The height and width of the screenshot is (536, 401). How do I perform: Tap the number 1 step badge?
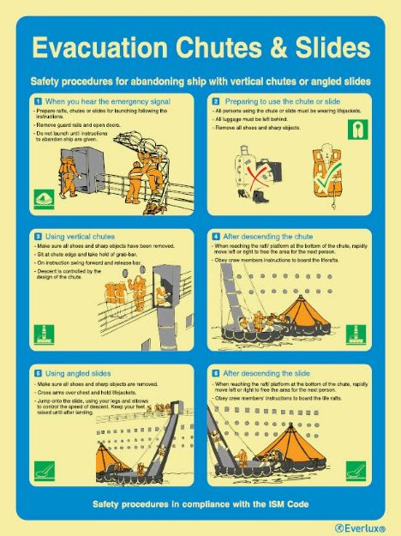(x=37, y=102)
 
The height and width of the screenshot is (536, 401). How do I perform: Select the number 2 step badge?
(x=215, y=102)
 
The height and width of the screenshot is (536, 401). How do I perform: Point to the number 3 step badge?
(x=37, y=236)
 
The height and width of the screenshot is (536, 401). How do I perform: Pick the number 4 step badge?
(x=215, y=236)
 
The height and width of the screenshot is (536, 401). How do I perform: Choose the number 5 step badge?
(x=37, y=374)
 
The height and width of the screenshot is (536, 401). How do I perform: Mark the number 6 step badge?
(x=215, y=374)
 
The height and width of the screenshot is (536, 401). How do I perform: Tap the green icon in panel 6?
(x=355, y=470)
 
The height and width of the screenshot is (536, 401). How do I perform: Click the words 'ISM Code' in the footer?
(x=290, y=503)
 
